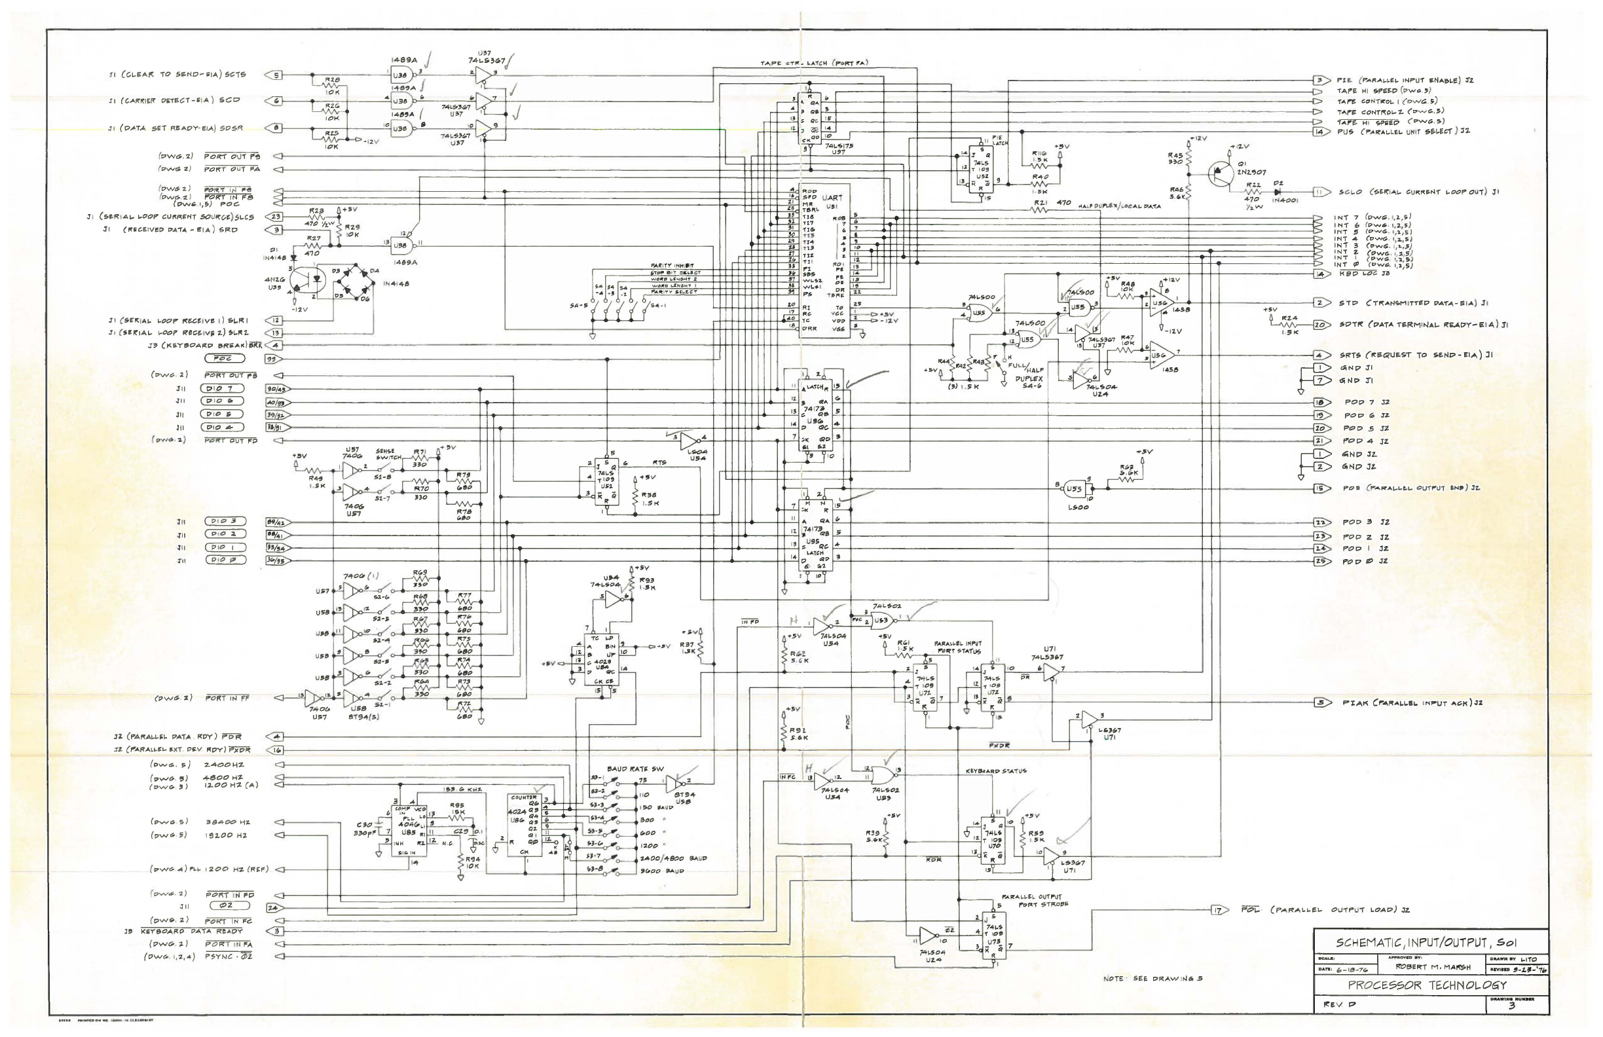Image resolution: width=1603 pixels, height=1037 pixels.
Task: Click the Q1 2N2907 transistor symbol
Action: coord(1220,173)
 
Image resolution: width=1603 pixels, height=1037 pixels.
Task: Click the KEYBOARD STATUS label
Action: coord(996,771)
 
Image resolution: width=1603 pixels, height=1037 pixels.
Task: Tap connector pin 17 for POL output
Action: coord(1218,911)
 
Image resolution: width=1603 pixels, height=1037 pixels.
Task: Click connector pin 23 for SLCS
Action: coord(277,217)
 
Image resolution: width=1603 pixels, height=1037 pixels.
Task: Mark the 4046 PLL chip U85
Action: coord(409,828)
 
